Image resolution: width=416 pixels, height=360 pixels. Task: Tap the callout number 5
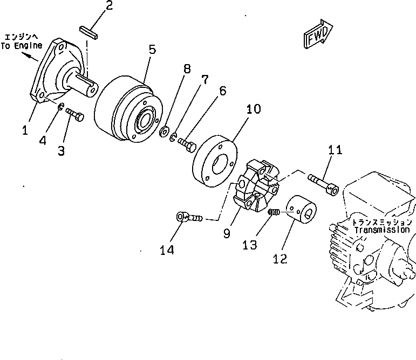[x=152, y=50]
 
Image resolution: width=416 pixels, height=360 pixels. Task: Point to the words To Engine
[x=21, y=46]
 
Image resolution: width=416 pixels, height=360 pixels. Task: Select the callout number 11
[x=335, y=150]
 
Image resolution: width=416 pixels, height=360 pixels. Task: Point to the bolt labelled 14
[x=189, y=218]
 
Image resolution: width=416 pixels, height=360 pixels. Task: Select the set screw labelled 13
[x=274, y=214]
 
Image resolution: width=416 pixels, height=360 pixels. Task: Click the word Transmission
[x=382, y=230]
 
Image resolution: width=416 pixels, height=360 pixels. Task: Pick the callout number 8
[x=187, y=69]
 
